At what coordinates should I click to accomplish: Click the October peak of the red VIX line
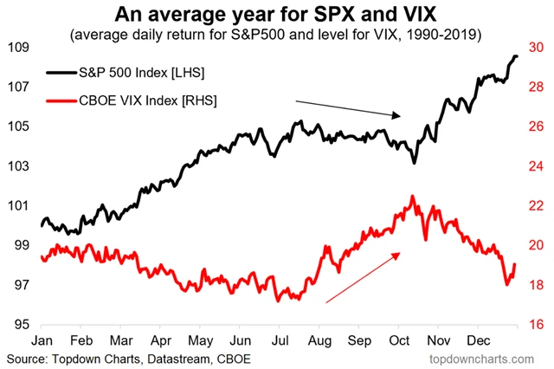pyautogui.click(x=412, y=197)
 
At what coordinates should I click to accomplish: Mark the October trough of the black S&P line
pyautogui.click(x=415, y=162)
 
